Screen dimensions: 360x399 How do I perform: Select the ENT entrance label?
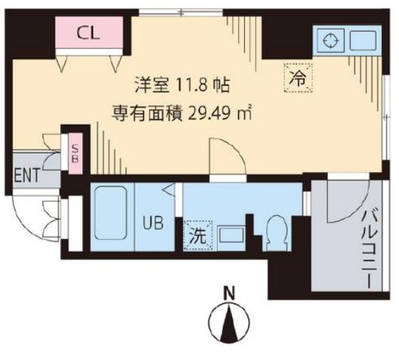[x=27, y=177]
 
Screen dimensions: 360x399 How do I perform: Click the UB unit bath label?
[x=154, y=220]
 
